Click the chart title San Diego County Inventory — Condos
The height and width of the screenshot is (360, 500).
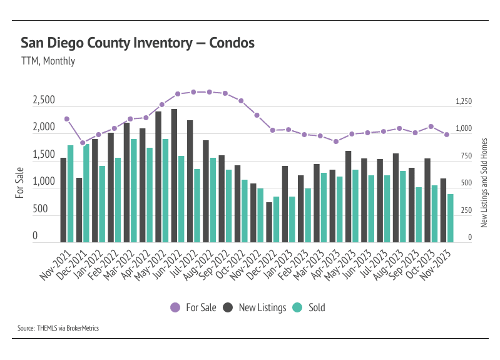(x=137, y=43)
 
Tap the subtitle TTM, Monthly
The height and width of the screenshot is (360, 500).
(x=48, y=61)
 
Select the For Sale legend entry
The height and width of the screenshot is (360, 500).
(x=194, y=307)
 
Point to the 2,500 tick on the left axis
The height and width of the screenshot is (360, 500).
(x=43, y=100)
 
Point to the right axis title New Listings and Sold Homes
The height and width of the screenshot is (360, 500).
(x=484, y=183)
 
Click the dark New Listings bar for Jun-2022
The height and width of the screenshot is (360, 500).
(x=174, y=175)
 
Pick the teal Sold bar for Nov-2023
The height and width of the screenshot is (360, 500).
(x=450, y=218)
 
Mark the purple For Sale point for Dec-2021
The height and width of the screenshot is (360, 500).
(x=83, y=143)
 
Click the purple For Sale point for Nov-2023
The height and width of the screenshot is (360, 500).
(x=447, y=135)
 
